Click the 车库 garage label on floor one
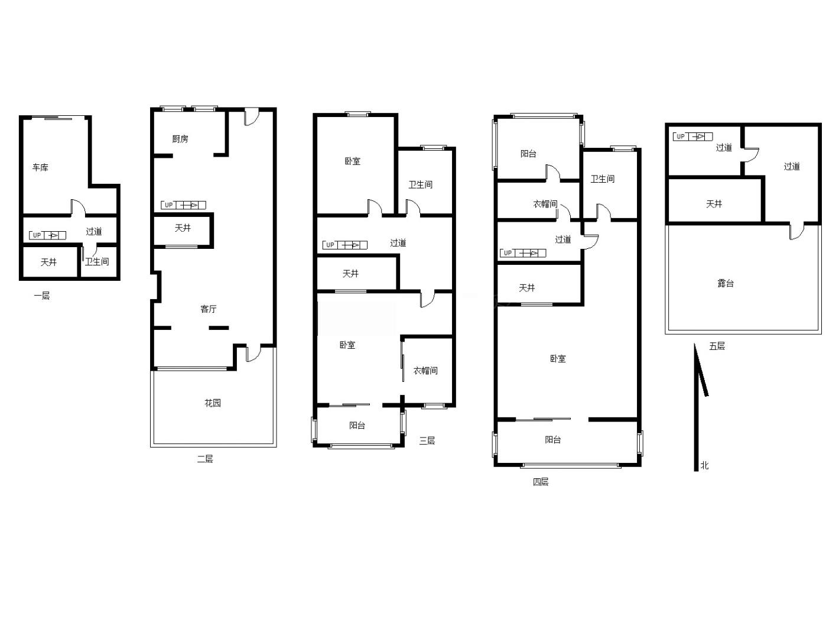[x=40, y=167]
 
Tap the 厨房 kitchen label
[x=180, y=139]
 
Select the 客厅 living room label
[x=209, y=309]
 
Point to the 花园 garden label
[x=213, y=403]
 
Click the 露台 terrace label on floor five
[x=726, y=283]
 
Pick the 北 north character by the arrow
[x=704, y=465]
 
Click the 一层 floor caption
[x=42, y=296]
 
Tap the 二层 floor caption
[x=205, y=459]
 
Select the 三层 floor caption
[x=427, y=440]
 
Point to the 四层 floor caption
[x=541, y=482]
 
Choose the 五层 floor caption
[x=717, y=346]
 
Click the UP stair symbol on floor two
[x=184, y=205]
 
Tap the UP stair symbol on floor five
[x=692, y=137]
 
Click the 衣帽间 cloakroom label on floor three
[x=425, y=370]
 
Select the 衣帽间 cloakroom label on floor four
[x=545, y=204]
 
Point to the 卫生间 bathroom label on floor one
[x=97, y=261]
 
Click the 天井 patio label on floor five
[x=714, y=204]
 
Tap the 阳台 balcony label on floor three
[x=357, y=425]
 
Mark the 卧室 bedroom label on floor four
[x=558, y=358]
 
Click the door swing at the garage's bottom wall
[x=79, y=206]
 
